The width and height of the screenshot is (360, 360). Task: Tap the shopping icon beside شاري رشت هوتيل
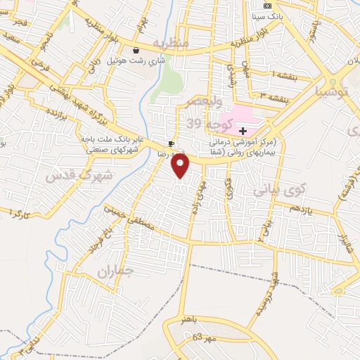(136, 49)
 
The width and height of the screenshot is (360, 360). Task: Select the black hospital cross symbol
(243, 131)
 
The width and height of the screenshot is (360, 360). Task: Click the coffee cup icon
(171, 144)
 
